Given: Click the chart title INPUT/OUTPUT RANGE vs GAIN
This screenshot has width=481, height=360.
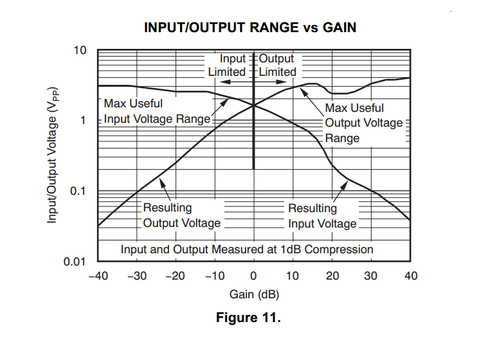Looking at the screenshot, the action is pyautogui.click(x=250, y=27).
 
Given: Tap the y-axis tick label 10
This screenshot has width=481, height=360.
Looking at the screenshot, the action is pyautogui.click(x=80, y=50).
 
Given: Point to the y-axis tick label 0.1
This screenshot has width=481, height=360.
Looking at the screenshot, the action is pyautogui.click(x=78, y=191).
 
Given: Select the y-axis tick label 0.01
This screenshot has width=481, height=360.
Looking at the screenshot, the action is pyautogui.click(x=75, y=262).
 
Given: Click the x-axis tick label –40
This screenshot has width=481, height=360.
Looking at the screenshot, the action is pyautogui.click(x=98, y=276).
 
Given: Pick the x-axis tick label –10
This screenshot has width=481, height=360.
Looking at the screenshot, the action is pyautogui.click(x=215, y=276).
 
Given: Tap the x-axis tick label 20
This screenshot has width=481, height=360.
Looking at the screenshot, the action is pyautogui.click(x=332, y=276).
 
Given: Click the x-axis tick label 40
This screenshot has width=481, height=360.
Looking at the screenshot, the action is pyautogui.click(x=411, y=276).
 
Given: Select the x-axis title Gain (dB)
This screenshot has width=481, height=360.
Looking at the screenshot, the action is pyautogui.click(x=254, y=294).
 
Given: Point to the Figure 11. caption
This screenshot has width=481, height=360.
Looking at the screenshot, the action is pyautogui.click(x=248, y=318).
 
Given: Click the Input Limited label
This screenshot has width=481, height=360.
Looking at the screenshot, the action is pyautogui.click(x=227, y=65).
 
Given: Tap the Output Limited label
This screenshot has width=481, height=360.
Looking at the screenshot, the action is pyautogui.click(x=277, y=65).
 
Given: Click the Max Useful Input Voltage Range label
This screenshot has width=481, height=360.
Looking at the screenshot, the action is pyautogui.click(x=157, y=111).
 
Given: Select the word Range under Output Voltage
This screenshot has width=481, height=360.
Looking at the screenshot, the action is pyautogui.click(x=342, y=138).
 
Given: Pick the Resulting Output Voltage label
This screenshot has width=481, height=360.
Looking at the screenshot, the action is pyautogui.click(x=181, y=215).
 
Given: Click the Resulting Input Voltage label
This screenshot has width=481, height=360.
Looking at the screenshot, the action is pyautogui.click(x=322, y=216).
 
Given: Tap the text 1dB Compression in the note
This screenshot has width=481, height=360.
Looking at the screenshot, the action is pyautogui.click(x=327, y=249).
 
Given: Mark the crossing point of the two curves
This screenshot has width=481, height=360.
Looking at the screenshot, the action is pyautogui.click(x=254, y=105).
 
